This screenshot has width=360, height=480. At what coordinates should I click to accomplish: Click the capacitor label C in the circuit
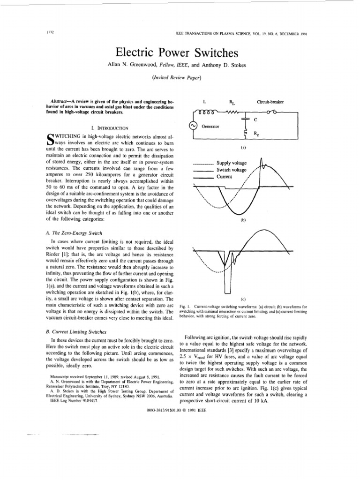pos(255,120)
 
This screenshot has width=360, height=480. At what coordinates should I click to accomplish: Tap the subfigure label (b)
pos(243,219)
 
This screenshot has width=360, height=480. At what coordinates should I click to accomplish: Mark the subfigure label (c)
pos(243,299)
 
